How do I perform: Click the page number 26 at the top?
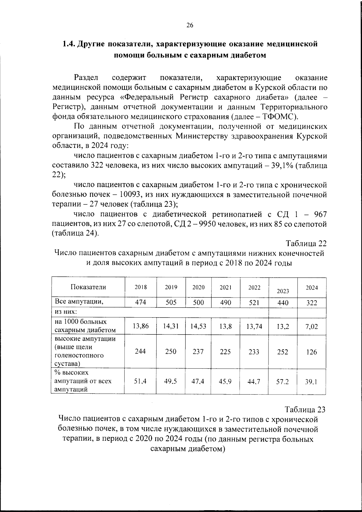coord(190,25)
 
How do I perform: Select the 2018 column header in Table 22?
coord(141,287)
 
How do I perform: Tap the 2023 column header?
coord(283,291)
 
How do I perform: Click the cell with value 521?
coord(254,302)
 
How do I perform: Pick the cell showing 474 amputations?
coord(141,302)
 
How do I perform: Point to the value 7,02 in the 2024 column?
coord(312,327)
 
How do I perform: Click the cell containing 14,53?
coord(198,326)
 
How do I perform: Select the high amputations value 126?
coord(312,352)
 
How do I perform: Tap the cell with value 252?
coord(283,352)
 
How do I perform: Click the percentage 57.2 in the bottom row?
coord(282,382)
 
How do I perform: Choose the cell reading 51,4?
coord(140,382)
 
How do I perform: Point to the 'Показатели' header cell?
coord(88,287)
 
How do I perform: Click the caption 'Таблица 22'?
coord(306,244)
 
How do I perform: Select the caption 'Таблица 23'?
coord(305,410)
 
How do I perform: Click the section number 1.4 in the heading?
coord(68,44)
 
